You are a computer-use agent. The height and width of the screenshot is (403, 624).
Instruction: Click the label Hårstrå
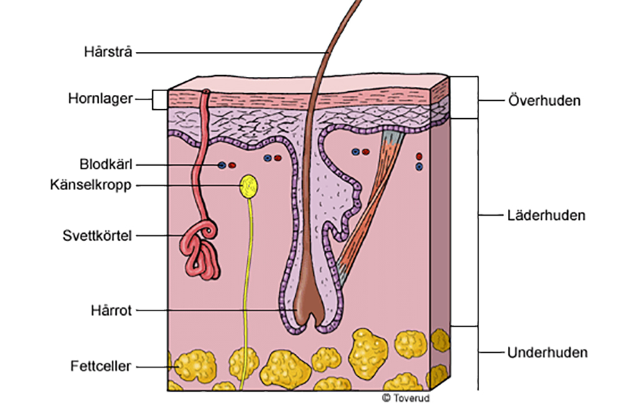click(x=109, y=52)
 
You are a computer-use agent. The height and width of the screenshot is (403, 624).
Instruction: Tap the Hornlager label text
click(x=100, y=99)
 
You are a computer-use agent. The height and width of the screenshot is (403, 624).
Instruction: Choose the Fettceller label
click(x=102, y=366)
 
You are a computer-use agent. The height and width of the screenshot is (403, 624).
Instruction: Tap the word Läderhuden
click(x=544, y=216)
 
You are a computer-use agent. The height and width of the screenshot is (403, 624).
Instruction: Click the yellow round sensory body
click(x=249, y=184)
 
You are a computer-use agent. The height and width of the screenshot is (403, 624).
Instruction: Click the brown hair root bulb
click(x=311, y=307)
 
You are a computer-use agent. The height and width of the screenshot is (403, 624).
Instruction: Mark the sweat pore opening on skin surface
click(x=206, y=92)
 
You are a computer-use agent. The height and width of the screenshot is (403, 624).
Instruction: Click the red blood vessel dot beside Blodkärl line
click(x=232, y=166)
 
